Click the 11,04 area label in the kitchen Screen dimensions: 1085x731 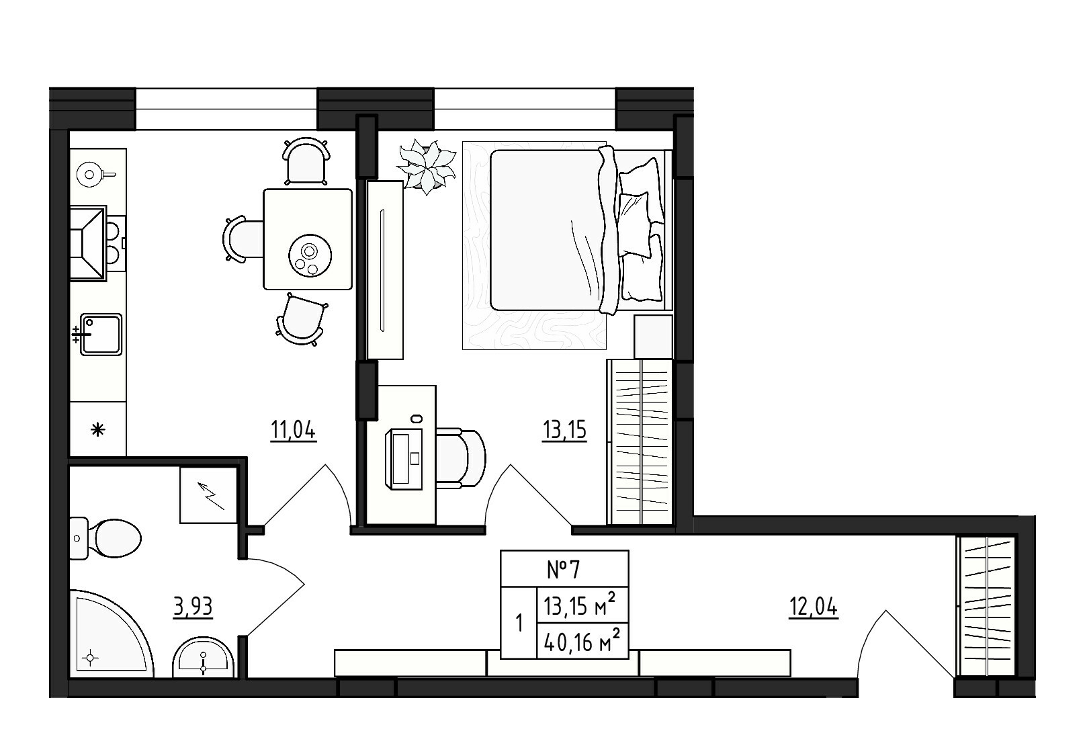tap(293, 430)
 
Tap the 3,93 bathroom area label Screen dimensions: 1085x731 tap(193, 607)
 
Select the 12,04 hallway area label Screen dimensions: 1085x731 tap(814, 607)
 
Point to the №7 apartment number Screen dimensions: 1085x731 tap(564, 570)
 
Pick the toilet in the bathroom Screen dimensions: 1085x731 tap(105, 538)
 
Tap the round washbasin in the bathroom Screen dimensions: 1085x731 tap(204, 657)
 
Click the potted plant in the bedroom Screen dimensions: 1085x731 tap(426, 166)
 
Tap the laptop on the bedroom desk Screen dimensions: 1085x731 tap(404, 458)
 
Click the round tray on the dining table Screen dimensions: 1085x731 tap(310, 256)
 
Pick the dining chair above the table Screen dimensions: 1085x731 tap(306, 161)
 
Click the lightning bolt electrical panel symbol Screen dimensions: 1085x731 tap(209, 495)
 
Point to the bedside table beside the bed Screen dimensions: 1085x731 tap(654, 337)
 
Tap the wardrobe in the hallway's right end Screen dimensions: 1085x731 tap(985, 606)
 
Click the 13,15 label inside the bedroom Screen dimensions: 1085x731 tap(564, 430)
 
